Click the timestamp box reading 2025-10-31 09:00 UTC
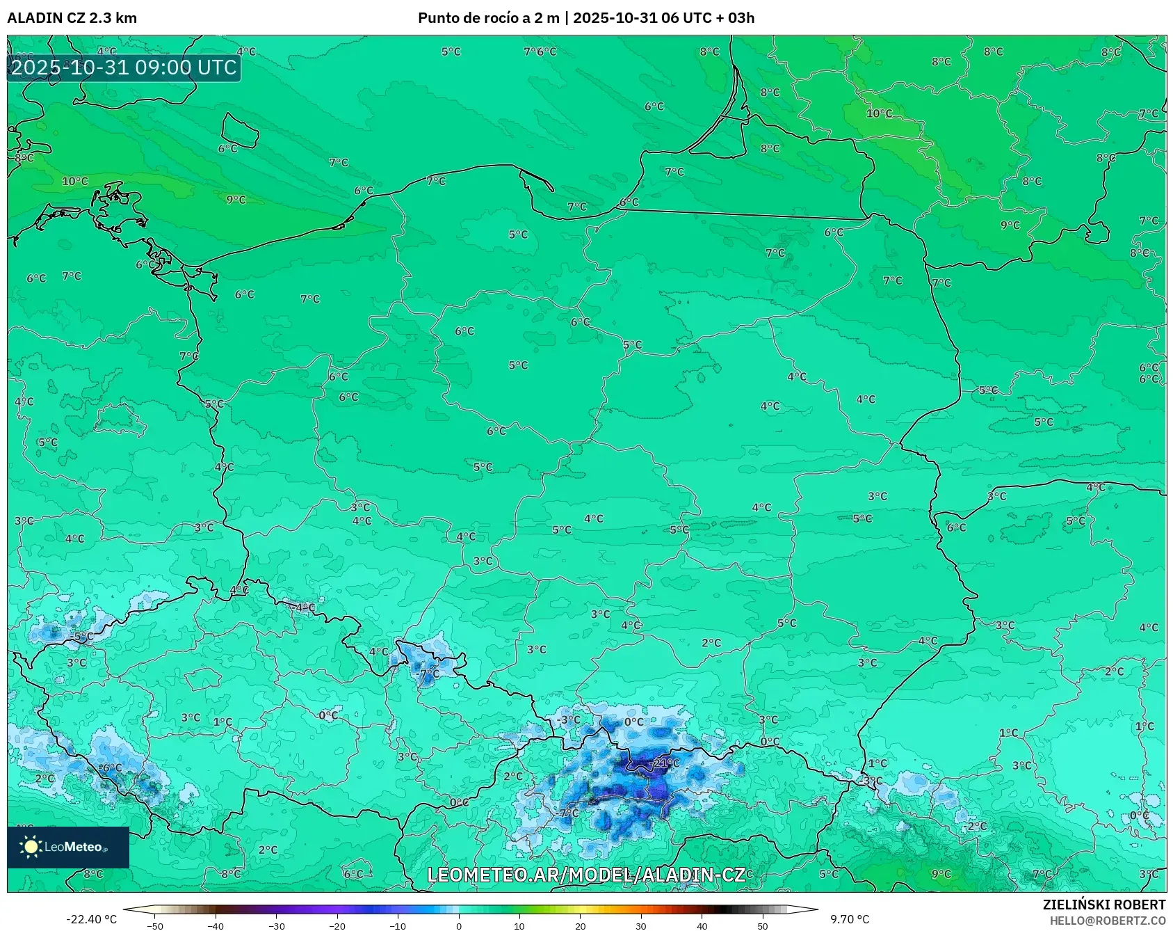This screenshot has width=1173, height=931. tap(124, 67)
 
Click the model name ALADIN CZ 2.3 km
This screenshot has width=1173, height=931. tap(72, 18)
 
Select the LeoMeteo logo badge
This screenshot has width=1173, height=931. tap(68, 847)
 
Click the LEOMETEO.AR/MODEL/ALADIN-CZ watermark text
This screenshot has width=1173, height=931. tap(586, 875)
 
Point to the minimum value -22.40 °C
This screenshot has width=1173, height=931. tap(91, 919)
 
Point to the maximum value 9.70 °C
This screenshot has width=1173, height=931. tap(849, 919)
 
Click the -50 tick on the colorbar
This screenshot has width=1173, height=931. tap(155, 925)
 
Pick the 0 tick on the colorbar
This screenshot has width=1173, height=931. tap(459, 925)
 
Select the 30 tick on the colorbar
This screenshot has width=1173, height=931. tap(641, 925)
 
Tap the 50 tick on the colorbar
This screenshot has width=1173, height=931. tap(763, 925)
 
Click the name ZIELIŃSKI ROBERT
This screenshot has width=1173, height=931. tap(1103, 905)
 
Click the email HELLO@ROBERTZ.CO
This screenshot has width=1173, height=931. tap(1107, 921)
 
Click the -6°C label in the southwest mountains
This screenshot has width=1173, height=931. tap(111, 767)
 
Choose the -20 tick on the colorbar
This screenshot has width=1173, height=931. tap(337, 925)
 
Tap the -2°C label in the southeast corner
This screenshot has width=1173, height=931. tap(976, 826)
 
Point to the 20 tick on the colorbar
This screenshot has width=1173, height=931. tap(581, 925)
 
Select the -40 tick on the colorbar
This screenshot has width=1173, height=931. tap(216, 925)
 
